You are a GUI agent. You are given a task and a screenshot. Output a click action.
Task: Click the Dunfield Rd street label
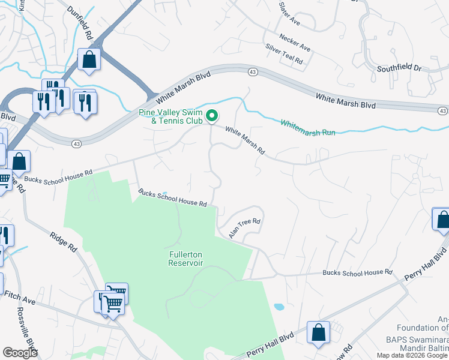click(x=80, y=23)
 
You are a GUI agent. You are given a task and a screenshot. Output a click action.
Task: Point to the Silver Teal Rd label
click(x=284, y=55)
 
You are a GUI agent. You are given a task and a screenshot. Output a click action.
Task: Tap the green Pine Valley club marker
click(x=211, y=115)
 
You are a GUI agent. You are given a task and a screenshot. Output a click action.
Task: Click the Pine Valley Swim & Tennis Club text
click(x=170, y=116)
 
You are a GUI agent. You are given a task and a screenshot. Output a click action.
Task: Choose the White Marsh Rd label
click(x=245, y=140)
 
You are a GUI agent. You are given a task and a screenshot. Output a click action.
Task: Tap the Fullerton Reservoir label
click(x=185, y=259)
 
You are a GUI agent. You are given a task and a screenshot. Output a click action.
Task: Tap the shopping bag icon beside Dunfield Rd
click(x=89, y=61)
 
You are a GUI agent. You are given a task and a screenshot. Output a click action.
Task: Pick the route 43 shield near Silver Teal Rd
click(x=253, y=72)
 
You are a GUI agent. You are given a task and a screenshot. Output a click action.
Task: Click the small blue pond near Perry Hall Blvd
click(x=279, y=307)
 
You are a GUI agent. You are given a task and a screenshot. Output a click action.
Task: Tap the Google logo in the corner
click(x=20, y=353)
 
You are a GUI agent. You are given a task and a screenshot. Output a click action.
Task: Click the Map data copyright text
click(x=412, y=355)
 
